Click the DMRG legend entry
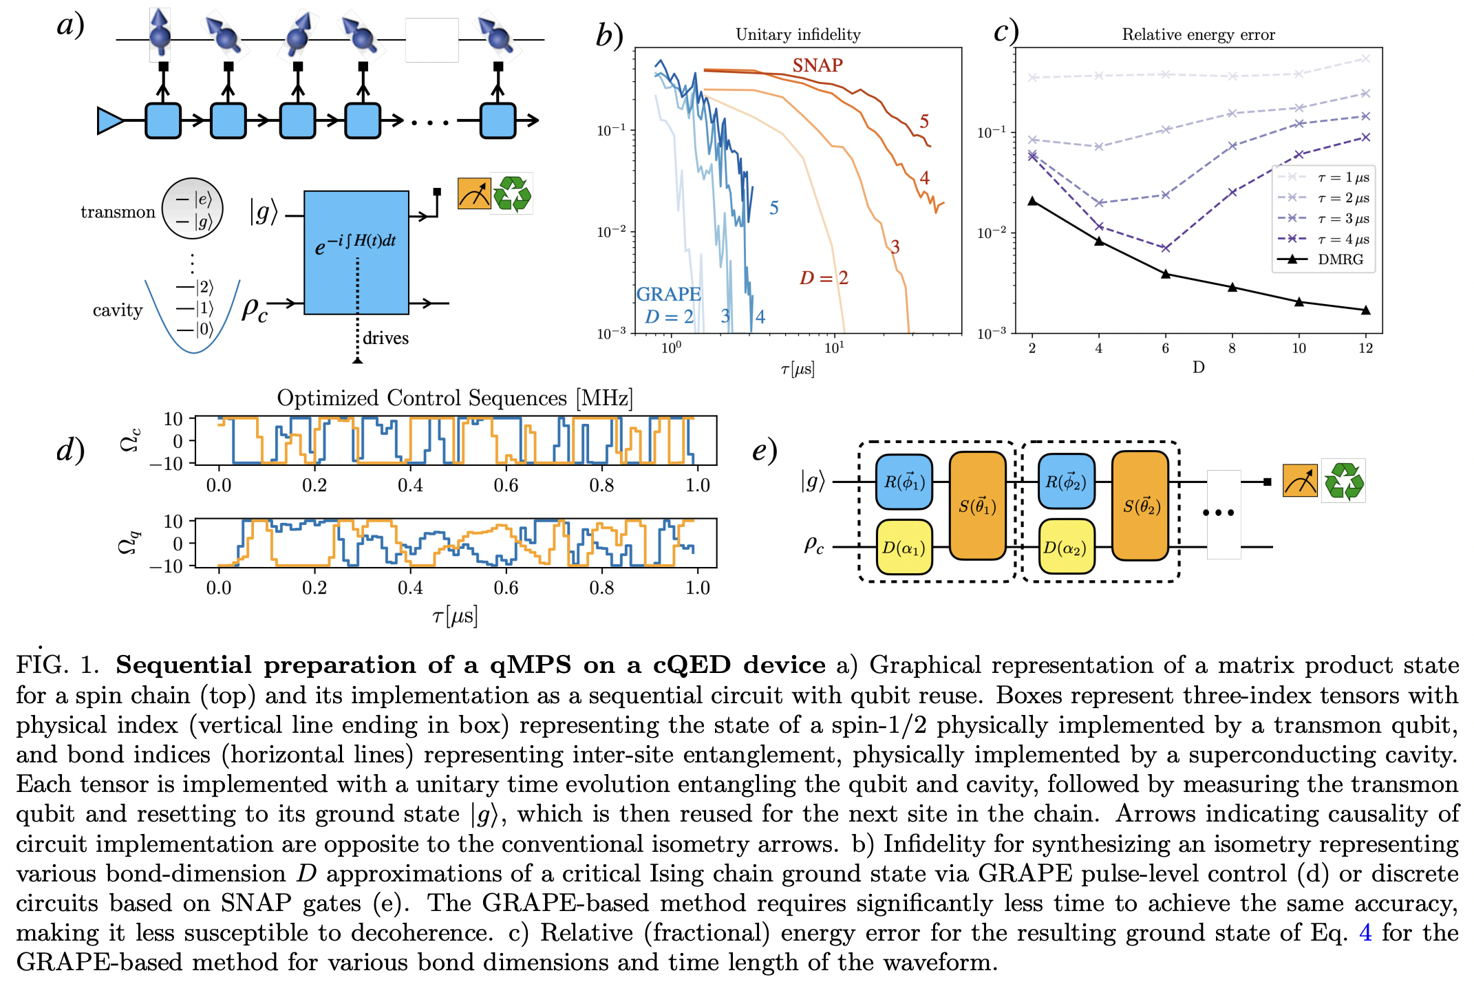pyautogui.click(x=1339, y=259)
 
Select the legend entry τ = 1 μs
pyautogui.click(x=1343, y=178)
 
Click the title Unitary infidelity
pyautogui.click(x=798, y=34)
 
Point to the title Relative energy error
pyautogui.click(x=1198, y=34)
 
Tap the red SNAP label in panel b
pyautogui.click(x=817, y=65)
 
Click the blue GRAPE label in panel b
pyautogui.click(x=668, y=295)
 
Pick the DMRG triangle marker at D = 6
pyautogui.click(x=1165, y=273)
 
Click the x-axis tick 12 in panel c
pyautogui.click(x=1365, y=348)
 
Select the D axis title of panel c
pyautogui.click(x=1198, y=367)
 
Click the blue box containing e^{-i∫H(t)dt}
pyautogui.click(x=356, y=252)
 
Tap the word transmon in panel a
pyautogui.click(x=118, y=212)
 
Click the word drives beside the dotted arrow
pyautogui.click(x=385, y=338)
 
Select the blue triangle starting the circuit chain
pyautogui.click(x=109, y=120)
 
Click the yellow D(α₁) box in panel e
pyautogui.click(x=904, y=548)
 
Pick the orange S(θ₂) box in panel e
pyautogui.click(x=1140, y=506)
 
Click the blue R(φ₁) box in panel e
pyautogui.click(x=904, y=482)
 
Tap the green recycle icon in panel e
pyautogui.click(x=1343, y=481)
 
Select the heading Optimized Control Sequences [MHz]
pyautogui.click(x=454, y=398)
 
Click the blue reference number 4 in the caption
pyautogui.click(x=1365, y=933)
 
